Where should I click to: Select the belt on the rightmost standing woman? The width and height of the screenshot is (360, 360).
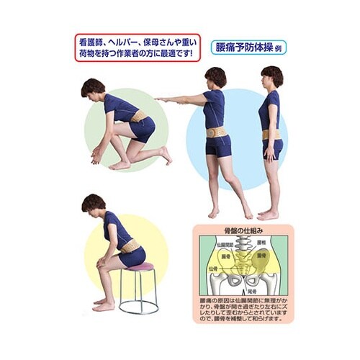tap(271, 134)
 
